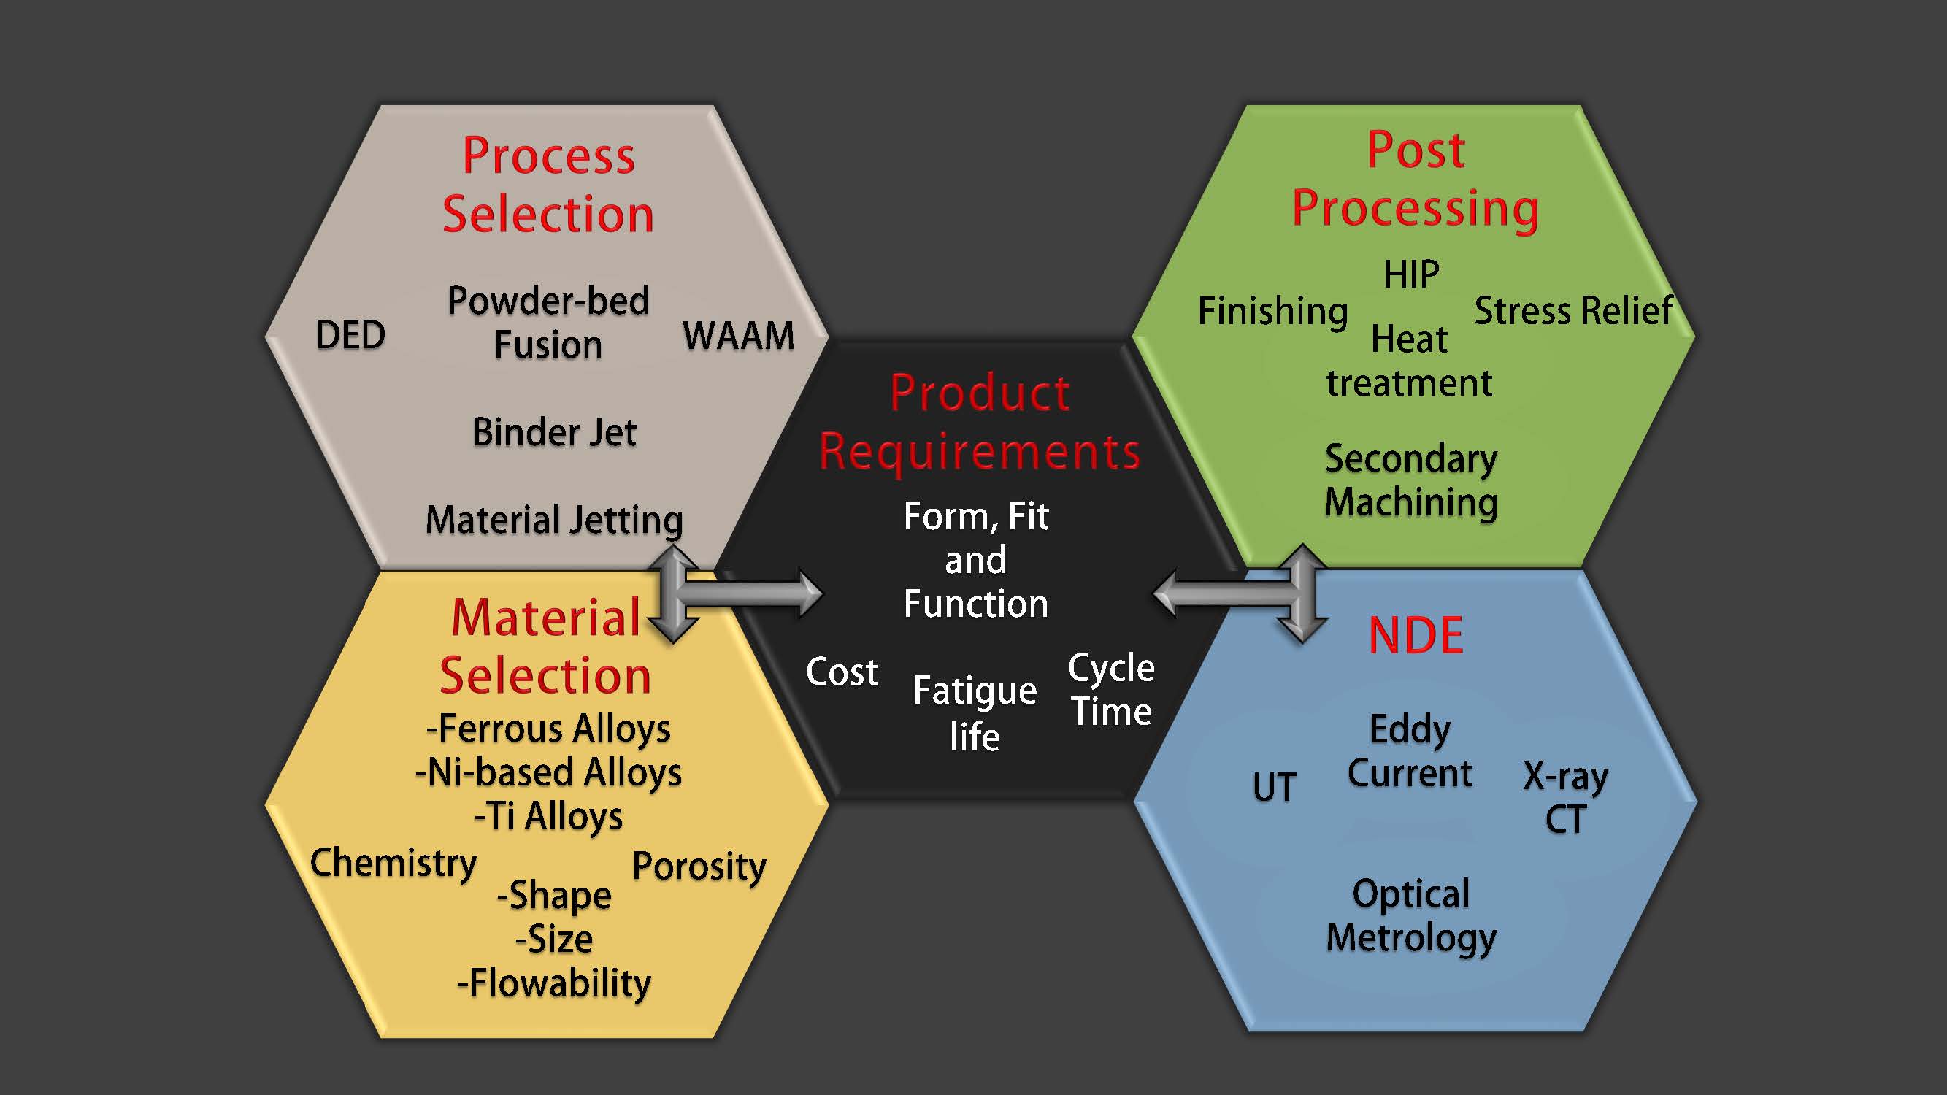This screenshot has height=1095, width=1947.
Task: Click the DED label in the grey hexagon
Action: (350, 335)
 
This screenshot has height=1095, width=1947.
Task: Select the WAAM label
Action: (739, 336)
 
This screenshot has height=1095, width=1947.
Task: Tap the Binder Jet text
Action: (554, 432)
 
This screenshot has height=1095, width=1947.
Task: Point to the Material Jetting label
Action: (554, 520)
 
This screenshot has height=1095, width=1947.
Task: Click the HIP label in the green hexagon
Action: (1411, 274)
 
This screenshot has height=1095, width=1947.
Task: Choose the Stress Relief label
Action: (1574, 310)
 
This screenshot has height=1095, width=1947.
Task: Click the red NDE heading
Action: (1416, 636)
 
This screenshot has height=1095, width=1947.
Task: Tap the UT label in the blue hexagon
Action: (1275, 787)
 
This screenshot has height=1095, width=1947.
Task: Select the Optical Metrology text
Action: (1411, 916)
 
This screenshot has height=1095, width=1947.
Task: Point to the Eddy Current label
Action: (1410, 751)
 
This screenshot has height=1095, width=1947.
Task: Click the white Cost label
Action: (841, 672)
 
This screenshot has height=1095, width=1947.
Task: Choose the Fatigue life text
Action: (975, 712)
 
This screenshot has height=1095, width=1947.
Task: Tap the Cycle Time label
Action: (1111, 689)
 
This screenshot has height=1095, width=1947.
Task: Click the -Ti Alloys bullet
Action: (549, 816)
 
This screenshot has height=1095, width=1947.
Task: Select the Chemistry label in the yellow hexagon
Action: (393, 862)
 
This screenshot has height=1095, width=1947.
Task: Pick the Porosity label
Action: (699, 866)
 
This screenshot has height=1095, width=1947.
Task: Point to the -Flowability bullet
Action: (554, 983)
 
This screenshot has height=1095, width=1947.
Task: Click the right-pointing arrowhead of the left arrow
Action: (810, 593)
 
